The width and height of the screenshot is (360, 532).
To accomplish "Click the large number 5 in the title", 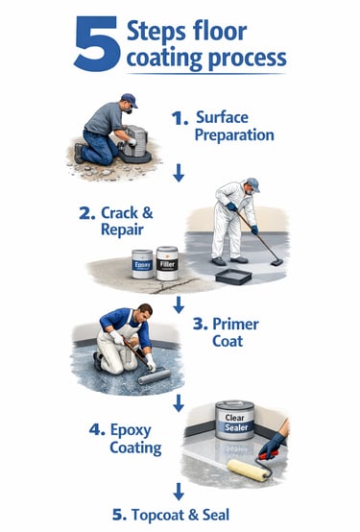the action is coord(97,44).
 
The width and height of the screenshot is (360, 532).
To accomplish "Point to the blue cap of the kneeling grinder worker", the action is coord(130,100).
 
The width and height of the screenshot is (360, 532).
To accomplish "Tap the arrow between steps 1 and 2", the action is coord(179,173).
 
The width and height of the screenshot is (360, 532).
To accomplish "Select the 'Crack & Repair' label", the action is coord(116,221).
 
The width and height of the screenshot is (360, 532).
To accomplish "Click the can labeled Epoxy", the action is coord(142,264).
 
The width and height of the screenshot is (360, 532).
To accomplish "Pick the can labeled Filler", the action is coord(167,263).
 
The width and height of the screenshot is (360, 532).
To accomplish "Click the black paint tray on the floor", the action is coord(234,277).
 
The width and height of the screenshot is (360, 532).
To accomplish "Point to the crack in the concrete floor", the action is coord(174,286).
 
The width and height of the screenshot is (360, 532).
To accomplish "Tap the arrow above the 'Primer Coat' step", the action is coord(179,304).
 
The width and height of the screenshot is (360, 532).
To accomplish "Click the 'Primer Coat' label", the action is coord(226,332).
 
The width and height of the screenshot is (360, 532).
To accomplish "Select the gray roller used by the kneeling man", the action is coord(155,376).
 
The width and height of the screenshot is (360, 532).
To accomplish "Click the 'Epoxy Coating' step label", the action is coord(125,438).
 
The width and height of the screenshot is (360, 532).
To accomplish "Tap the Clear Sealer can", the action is coord(235,421).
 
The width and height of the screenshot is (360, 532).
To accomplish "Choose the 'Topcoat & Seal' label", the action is coord(171,515).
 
